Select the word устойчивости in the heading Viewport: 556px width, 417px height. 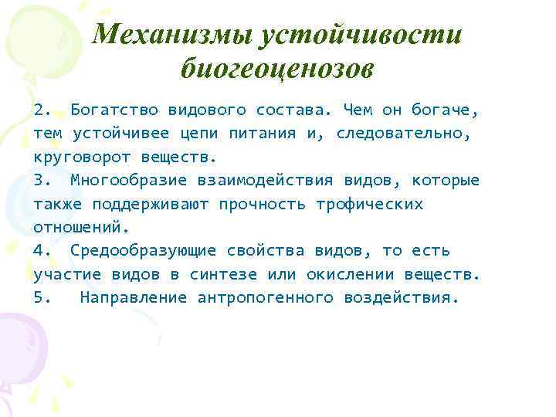click(363, 34)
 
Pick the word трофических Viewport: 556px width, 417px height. click(370, 205)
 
